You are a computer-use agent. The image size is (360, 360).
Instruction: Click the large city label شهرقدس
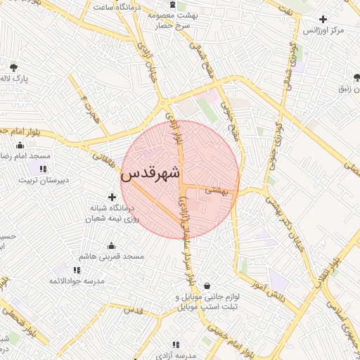click(150, 173)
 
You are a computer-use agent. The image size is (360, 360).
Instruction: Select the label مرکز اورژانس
click(323, 31)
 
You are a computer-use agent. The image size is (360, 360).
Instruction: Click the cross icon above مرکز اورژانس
click(323, 19)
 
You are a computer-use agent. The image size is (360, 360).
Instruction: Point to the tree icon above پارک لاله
click(14, 68)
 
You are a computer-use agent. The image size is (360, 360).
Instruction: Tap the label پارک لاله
click(13, 79)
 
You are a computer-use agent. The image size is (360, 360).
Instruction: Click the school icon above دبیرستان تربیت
click(44, 169)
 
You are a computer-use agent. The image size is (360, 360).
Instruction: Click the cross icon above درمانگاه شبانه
click(111, 197)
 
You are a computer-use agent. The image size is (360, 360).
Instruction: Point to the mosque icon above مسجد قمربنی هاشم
click(111, 245)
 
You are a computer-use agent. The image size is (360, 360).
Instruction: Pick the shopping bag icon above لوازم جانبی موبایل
click(207, 285)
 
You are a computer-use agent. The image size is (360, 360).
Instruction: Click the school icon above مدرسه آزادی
click(176, 345)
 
